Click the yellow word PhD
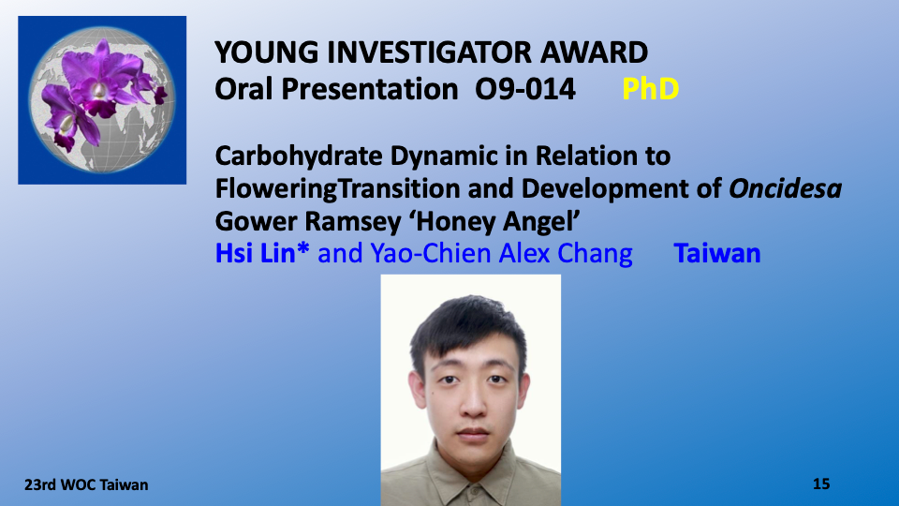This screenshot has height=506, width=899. [x=650, y=89]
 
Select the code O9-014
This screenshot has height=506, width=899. [x=525, y=89]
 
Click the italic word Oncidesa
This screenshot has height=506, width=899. [x=785, y=188]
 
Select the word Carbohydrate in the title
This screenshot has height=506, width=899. [x=299, y=156]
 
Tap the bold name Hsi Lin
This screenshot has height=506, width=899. [x=262, y=253]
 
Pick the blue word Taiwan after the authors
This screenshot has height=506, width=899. [x=717, y=253]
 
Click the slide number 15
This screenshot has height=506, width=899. [x=821, y=484]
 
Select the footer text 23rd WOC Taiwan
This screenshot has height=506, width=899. [x=86, y=484]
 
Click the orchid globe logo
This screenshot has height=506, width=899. [x=102, y=100]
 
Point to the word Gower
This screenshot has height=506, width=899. [x=255, y=221]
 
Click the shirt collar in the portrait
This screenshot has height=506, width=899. [x=471, y=476]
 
